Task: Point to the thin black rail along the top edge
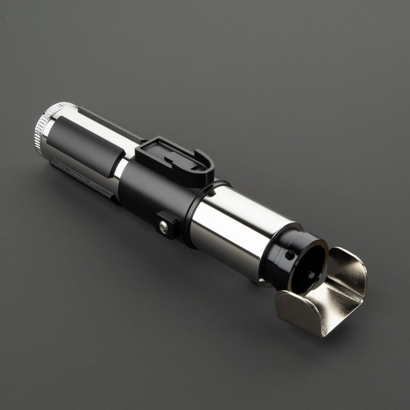[x=111, y=123]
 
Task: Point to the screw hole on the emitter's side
[x=289, y=255]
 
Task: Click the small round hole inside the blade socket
[x=311, y=274]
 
